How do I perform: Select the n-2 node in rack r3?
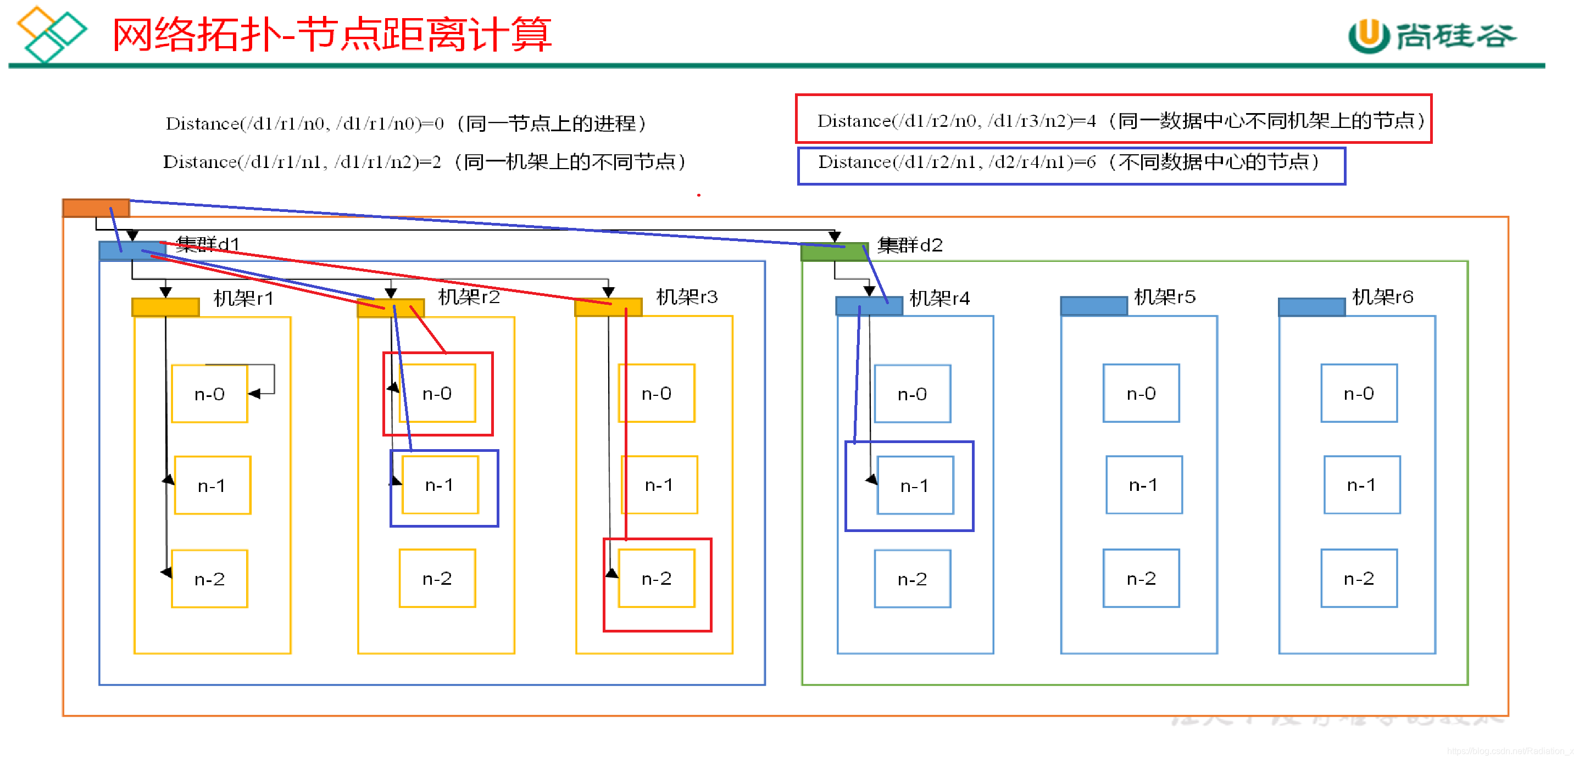coord(657,578)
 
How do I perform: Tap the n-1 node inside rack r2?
coord(440,485)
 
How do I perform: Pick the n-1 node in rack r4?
coord(915,486)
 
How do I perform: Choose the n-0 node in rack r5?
coord(1141,393)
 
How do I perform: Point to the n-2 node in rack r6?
coord(1359,578)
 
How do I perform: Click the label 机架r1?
coord(243,298)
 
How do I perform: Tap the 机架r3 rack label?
coord(687,297)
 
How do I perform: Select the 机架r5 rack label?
coord(1165,297)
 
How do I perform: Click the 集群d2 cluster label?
coord(910,245)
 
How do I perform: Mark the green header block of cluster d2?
coord(834,252)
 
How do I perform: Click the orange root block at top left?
coord(96,208)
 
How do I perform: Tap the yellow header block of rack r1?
coord(165,306)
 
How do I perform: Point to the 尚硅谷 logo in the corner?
coord(1432,36)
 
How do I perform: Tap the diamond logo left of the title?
coord(52,33)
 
